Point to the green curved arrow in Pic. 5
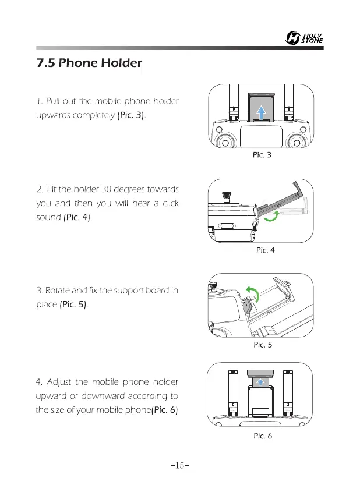(x=252, y=293)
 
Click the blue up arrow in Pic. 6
(x=262, y=381)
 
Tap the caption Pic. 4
(x=265, y=251)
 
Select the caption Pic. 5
(x=263, y=344)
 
